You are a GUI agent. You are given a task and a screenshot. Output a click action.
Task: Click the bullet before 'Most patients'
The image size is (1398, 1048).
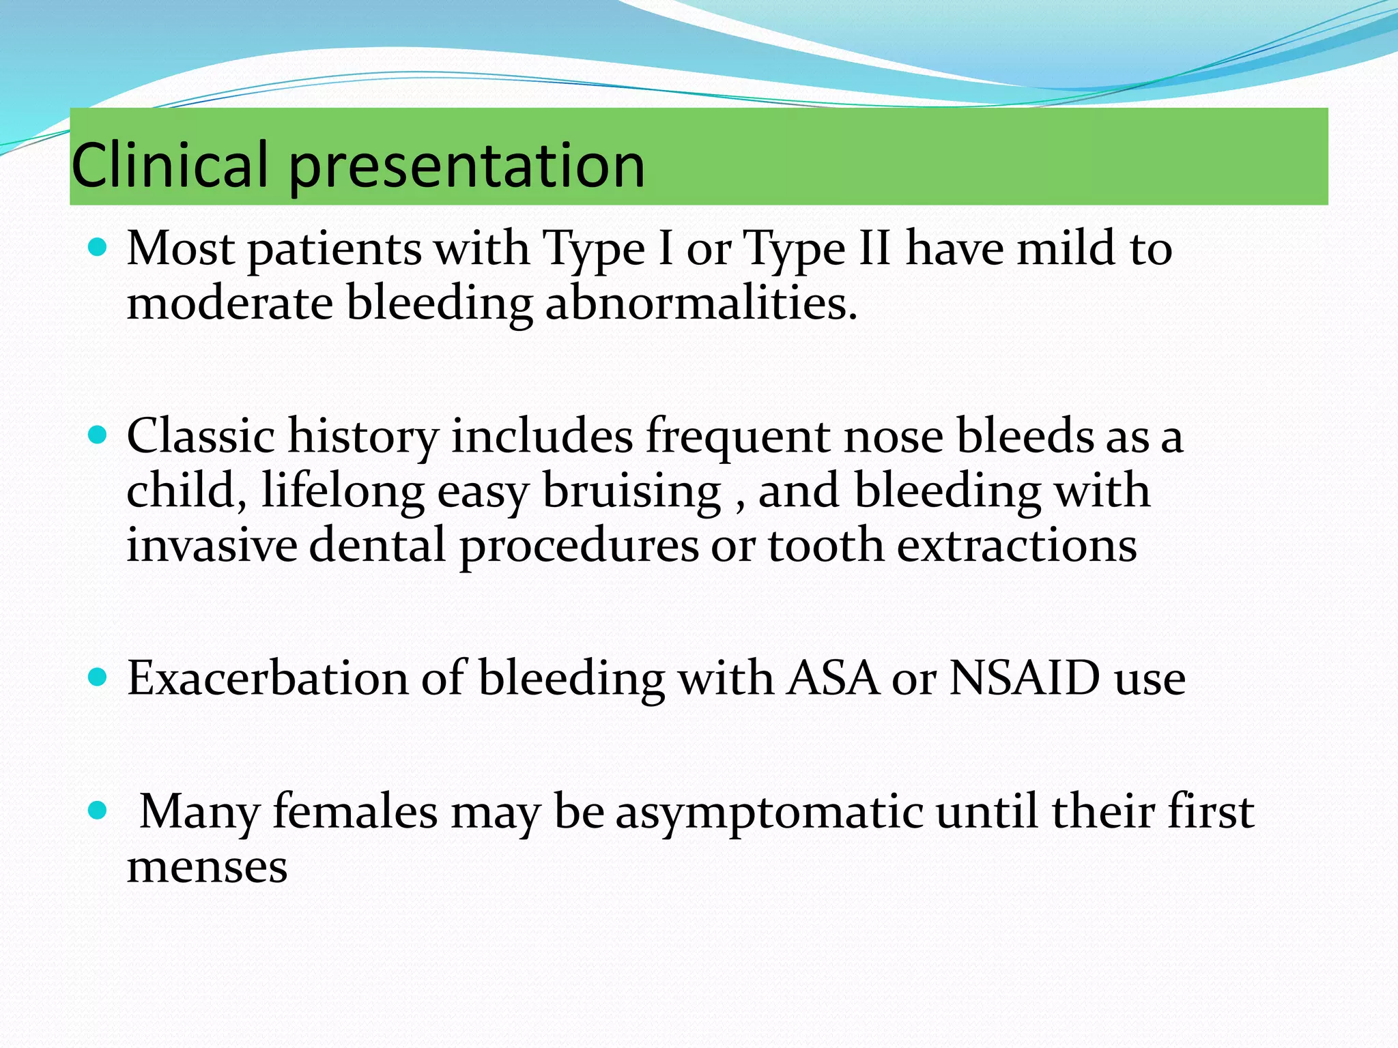[98, 246]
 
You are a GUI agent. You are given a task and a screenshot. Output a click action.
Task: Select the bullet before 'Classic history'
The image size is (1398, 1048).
[98, 435]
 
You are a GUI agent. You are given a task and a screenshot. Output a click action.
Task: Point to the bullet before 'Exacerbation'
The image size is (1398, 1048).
[98, 677]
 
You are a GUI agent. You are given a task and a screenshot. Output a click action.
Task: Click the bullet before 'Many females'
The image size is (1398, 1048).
[98, 810]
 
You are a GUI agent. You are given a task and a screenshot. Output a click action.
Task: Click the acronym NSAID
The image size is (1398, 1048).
[1025, 678]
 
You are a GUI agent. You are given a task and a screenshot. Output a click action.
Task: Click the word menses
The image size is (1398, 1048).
[207, 868]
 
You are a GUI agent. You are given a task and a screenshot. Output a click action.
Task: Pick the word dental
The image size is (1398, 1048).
[377, 546]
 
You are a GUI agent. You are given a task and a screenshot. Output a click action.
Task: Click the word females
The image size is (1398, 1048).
[355, 812]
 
